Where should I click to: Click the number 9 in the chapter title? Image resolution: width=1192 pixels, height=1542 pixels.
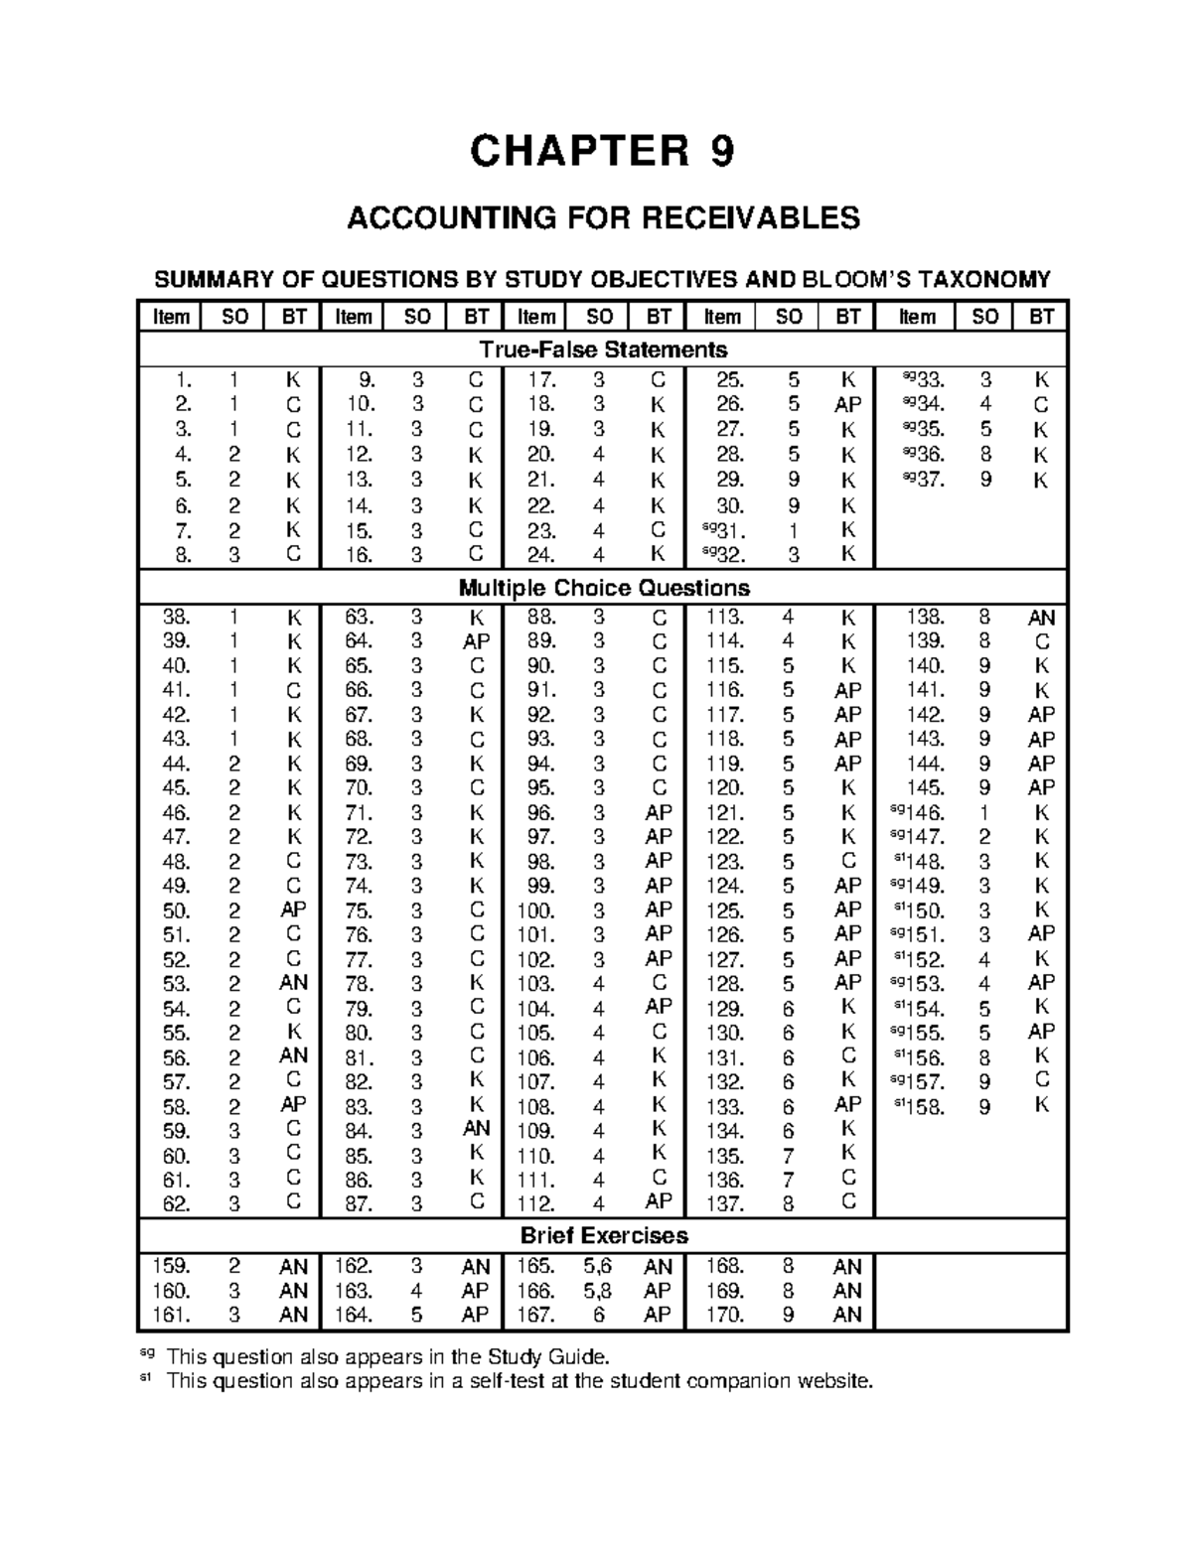tap(722, 153)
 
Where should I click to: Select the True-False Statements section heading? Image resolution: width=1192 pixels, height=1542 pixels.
tap(603, 350)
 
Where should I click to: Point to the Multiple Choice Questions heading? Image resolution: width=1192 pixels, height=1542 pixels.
tap(603, 588)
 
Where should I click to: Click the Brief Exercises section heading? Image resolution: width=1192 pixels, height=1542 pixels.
tap(603, 1236)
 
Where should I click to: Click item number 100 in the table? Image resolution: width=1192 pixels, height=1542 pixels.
tap(535, 910)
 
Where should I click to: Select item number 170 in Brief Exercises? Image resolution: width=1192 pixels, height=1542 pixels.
tap(724, 1316)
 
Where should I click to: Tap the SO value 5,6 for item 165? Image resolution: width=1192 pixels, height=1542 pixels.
tap(598, 1267)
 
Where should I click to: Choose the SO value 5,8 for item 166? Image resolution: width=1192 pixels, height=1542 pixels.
tap(598, 1292)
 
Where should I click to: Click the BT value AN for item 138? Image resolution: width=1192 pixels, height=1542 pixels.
tap(1041, 618)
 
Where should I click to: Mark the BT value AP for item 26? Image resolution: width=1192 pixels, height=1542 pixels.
tap(847, 405)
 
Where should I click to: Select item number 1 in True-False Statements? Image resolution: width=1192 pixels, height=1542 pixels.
tap(180, 380)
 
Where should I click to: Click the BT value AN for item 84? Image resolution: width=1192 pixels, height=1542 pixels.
tap(476, 1129)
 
